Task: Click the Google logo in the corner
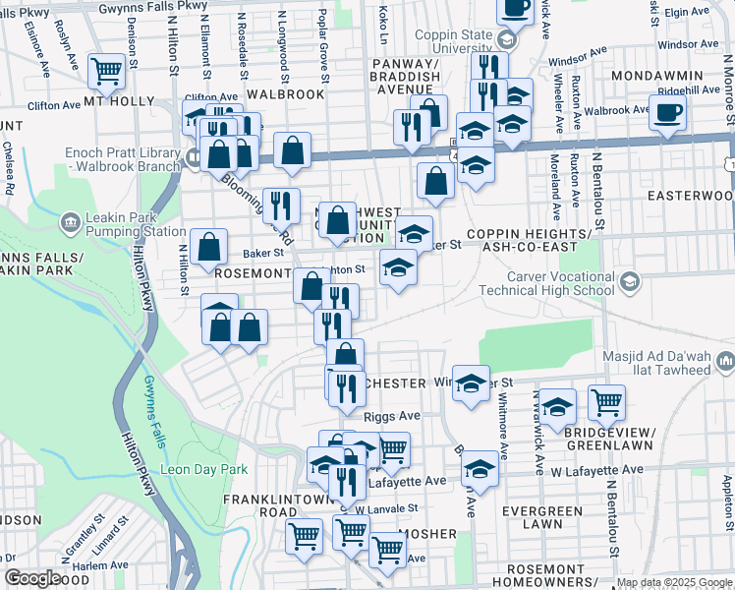coord(32,578)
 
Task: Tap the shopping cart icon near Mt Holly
coord(106,70)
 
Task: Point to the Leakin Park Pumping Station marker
coord(70,220)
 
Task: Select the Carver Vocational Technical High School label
coord(546,282)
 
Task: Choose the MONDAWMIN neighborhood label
coord(657,76)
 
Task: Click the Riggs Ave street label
coord(391,416)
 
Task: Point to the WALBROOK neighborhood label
coord(285,94)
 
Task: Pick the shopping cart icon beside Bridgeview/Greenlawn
coord(606,401)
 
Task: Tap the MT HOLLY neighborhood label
coord(119,101)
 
